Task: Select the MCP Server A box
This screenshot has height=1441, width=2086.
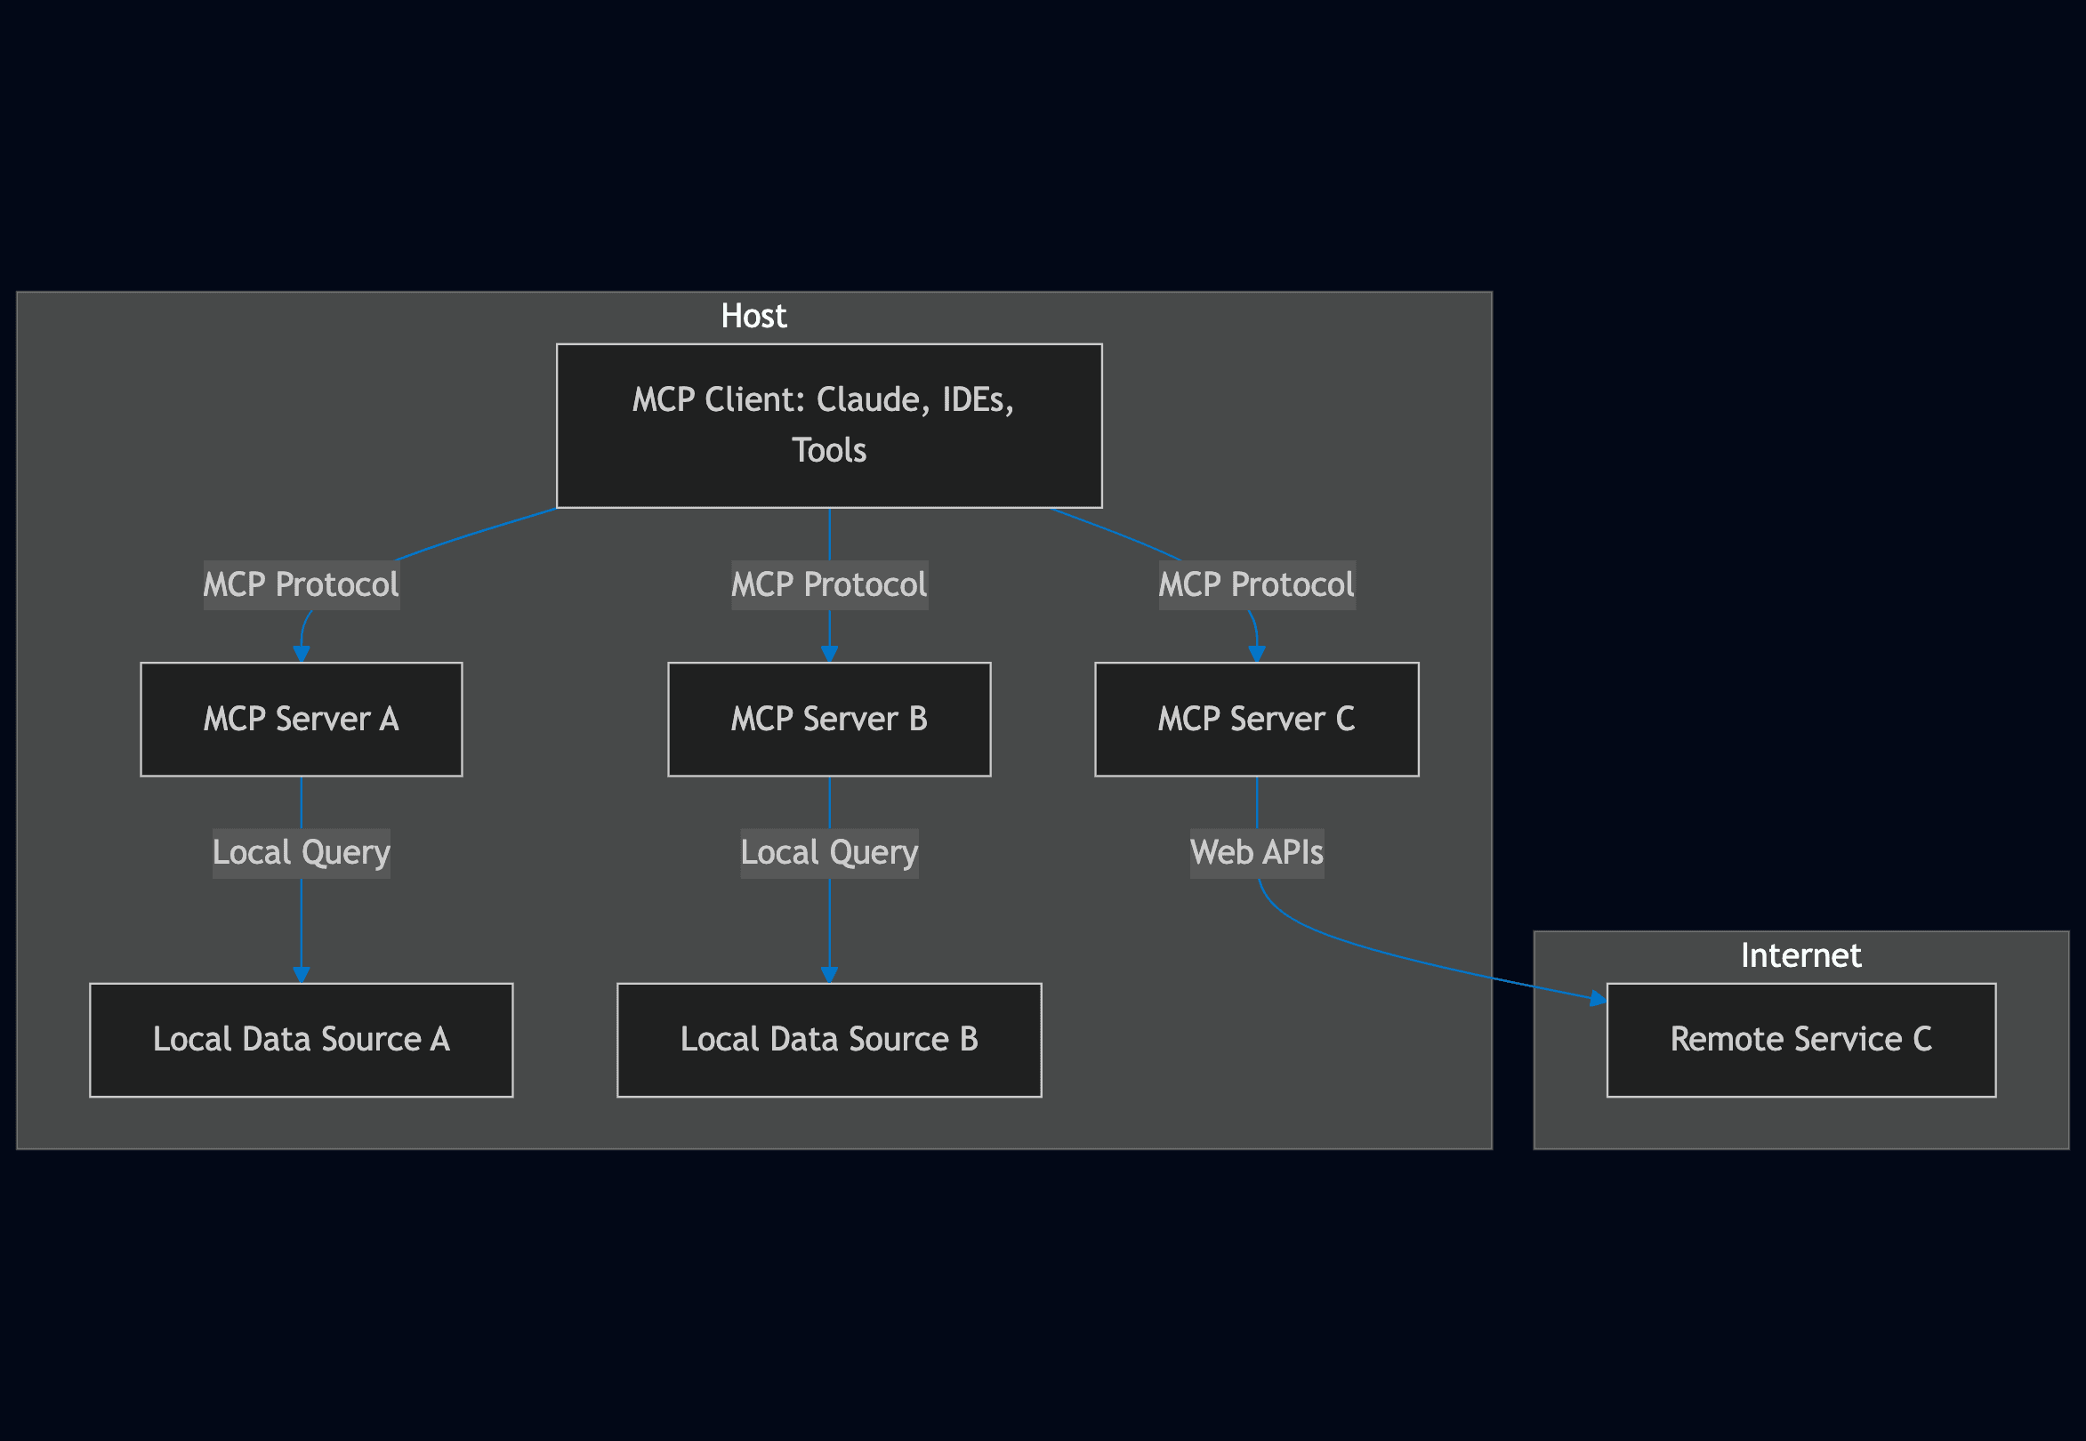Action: (301, 719)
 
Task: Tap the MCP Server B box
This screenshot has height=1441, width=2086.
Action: (828, 719)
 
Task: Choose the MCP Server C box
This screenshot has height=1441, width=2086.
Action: (1255, 719)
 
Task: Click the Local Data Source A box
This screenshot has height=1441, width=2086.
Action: (301, 1039)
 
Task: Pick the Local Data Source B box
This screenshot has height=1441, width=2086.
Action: (828, 1039)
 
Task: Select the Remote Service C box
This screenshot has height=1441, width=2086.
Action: (1800, 1039)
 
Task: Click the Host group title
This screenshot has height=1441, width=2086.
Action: (753, 316)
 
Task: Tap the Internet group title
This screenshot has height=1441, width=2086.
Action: (1800, 955)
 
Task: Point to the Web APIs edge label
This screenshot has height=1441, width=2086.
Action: (1255, 852)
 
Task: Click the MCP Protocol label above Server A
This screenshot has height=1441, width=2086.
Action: (301, 584)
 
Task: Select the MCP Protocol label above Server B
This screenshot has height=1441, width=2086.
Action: (828, 584)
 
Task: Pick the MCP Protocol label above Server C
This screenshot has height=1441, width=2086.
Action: (1255, 584)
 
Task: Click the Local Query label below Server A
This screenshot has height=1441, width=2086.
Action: (301, 852)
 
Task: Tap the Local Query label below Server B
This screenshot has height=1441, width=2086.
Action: (828, 852)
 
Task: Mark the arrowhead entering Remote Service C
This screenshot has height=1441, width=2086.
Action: (1598, 998)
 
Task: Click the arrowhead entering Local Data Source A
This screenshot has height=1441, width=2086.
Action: (301, 974)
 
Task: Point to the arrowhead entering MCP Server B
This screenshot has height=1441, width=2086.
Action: (828, 654)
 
